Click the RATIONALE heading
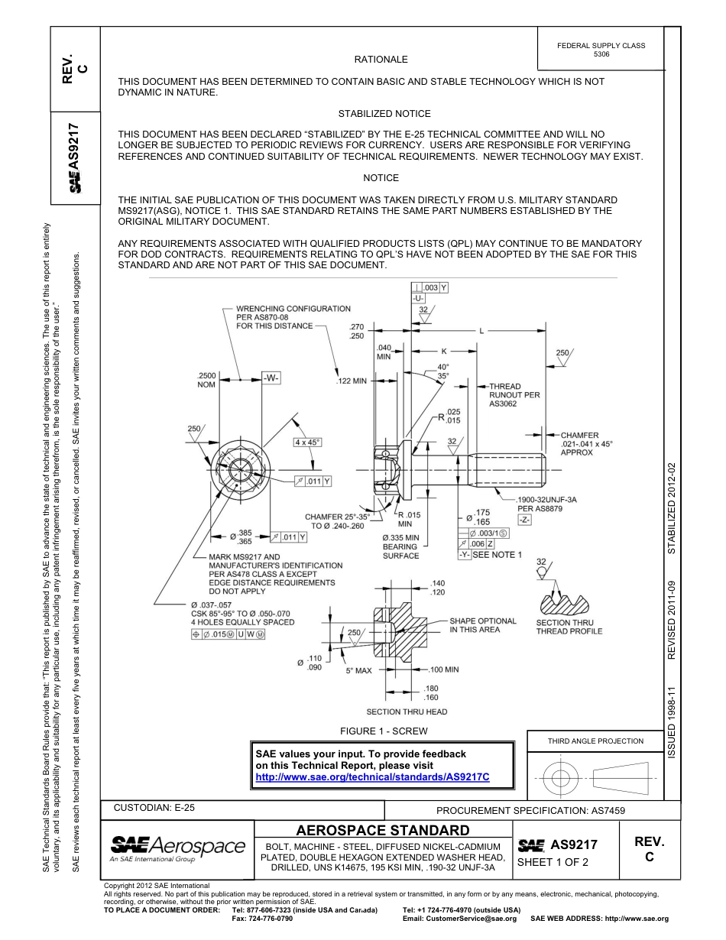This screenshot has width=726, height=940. tap(381, 60)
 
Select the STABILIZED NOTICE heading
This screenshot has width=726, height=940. tap(384, 113)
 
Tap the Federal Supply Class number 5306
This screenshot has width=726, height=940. tap(601, 55)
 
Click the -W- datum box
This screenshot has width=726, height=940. tap(271, 378)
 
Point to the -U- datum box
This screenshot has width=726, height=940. tap(418, 298)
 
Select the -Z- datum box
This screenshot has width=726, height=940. tap(524, 520)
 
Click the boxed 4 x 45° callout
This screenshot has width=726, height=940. tap(307, 442)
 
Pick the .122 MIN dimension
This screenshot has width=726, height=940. tap(352, 381)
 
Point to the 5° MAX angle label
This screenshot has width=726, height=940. tap(358, 670)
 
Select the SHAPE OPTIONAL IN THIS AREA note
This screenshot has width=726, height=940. tap(482, 625)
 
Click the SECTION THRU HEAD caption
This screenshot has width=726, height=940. tap(407, 711)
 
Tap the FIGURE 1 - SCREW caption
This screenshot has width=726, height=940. tap(384, 731)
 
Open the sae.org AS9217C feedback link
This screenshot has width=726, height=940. tap(371, 776)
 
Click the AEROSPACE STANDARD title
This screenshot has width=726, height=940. tap(383, 830)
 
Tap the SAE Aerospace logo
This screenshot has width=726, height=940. tap(177, 847)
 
